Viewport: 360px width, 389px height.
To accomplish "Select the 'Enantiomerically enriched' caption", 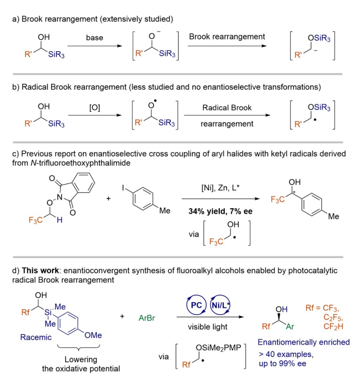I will point(304,342).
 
